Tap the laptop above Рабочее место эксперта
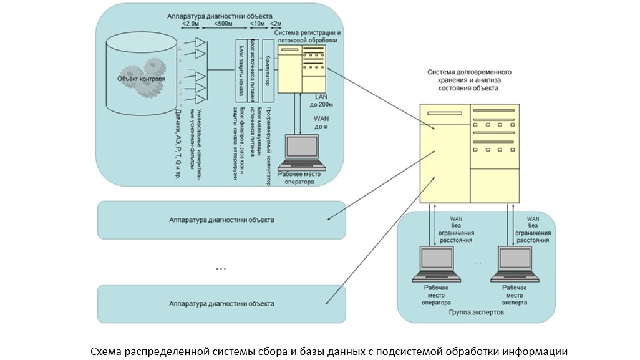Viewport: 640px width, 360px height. [x=515, y=263]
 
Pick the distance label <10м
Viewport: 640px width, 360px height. [x=256, y=24]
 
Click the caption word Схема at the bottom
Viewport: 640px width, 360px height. [x=107, y=351]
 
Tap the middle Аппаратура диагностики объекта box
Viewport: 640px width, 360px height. [x=221, y=220]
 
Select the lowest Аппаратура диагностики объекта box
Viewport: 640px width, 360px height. [x=221, y=304]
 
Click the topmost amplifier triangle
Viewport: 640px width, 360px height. [x=201, y=42]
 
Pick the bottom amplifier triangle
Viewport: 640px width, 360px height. [x=201, y=99]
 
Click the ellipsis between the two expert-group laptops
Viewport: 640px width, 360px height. [x=478, y=263]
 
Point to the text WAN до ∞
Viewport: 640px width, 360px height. [x=322, y=122]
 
